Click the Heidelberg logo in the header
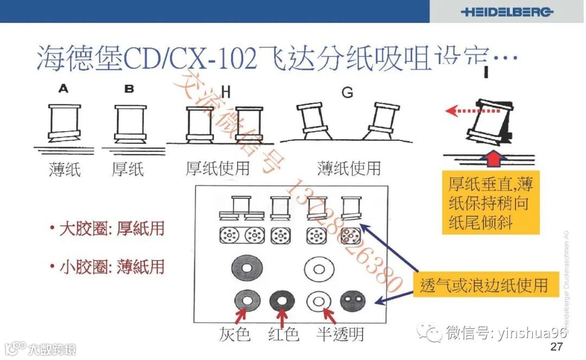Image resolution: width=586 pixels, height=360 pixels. click(507, 12)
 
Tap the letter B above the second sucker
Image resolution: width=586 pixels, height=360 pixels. click(129, 89)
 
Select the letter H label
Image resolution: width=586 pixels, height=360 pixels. click(226, 93)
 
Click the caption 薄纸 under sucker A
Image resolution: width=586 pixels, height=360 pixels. click(65, 170)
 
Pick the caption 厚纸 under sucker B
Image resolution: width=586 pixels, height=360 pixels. click(128, 170)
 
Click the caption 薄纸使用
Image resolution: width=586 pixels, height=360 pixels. click(349, 168)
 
